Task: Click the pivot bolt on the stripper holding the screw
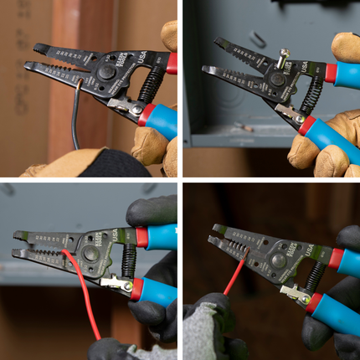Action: click(x=275, y=80)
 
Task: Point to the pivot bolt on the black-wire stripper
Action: click(x=105, y=74)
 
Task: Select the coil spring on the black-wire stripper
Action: click(x=152, y=85)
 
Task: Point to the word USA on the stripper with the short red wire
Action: click(x=311, y=249)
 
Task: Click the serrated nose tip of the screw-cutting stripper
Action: click(x=209, y=69)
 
